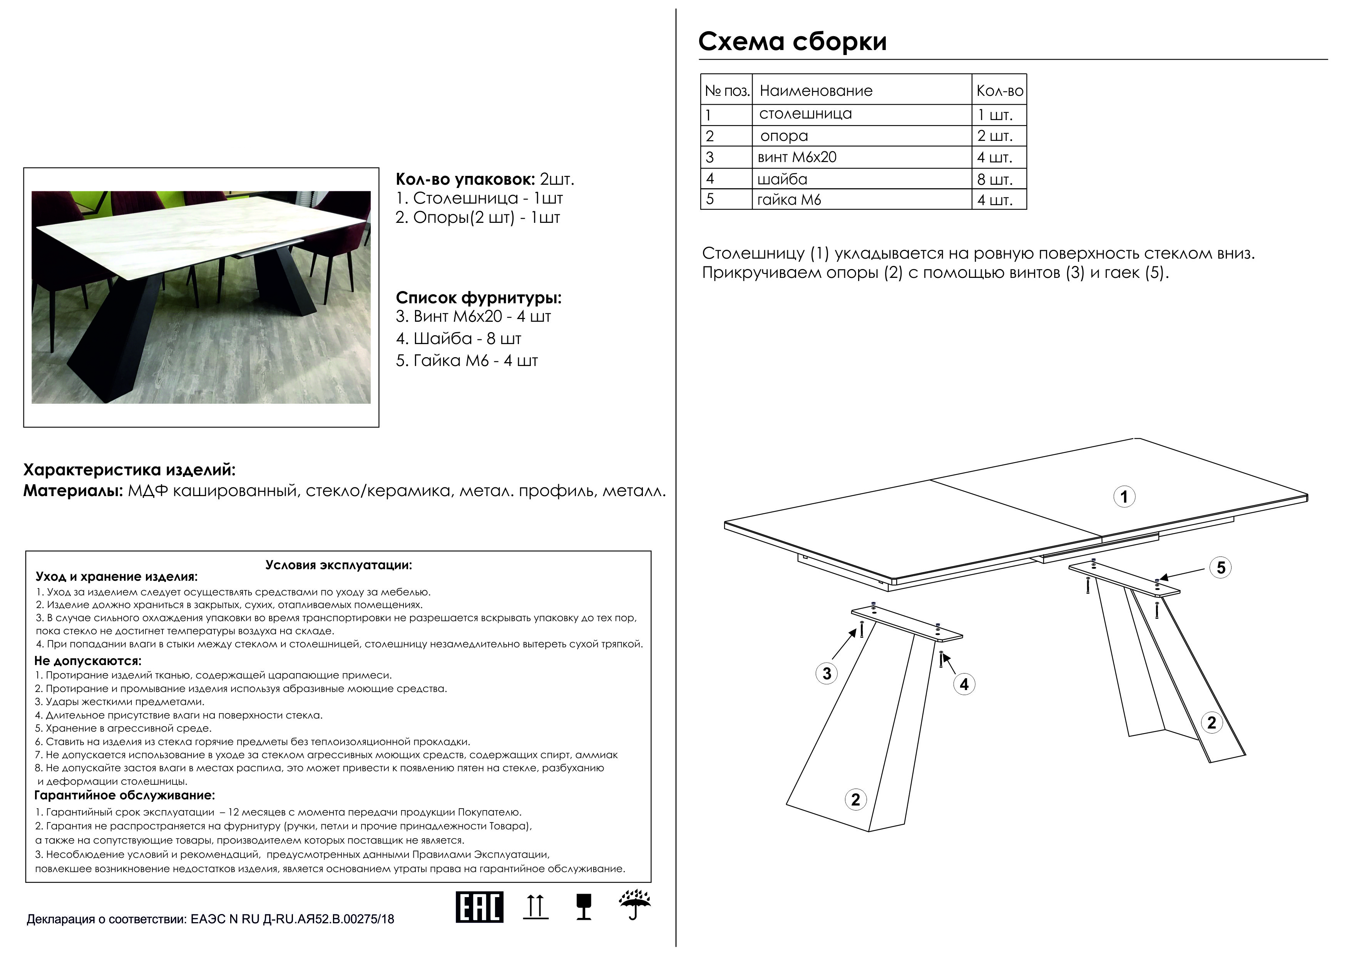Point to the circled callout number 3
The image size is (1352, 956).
[827, 674]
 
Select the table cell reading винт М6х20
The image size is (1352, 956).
[797, 157]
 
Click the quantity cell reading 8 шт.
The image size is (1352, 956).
[995, 179]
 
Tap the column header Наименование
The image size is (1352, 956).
[816, 91]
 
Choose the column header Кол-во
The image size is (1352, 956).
[999, 91]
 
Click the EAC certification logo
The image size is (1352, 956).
[479, 907]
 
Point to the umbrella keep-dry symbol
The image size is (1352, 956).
[634, 905]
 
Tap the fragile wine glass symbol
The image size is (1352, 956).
[584, 907]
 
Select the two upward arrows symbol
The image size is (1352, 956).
[535, 907]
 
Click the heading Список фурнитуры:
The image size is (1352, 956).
[478, 298]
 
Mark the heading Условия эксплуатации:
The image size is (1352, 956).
[339, 565]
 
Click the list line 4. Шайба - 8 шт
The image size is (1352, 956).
[458, 338]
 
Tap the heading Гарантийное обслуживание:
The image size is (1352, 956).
[124, 795]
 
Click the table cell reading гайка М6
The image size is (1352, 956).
[789, 200]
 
